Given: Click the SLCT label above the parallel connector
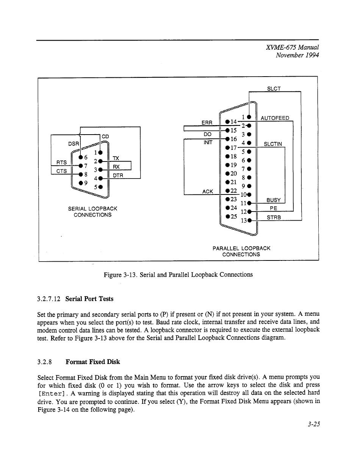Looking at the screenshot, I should coord(274,89).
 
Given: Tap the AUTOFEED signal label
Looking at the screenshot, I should coord(275,118).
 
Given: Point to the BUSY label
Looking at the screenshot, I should coord(273,200).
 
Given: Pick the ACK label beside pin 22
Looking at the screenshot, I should coord(207,191).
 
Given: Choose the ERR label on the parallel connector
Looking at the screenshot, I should coord(207,122).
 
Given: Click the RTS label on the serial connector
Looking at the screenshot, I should coord(61,162).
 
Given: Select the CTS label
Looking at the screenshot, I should coord(61,171).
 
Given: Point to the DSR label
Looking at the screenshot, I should coord(73,144).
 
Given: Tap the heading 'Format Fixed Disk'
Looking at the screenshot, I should coord(92,362).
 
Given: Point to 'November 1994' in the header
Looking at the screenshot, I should coord(297,55).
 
